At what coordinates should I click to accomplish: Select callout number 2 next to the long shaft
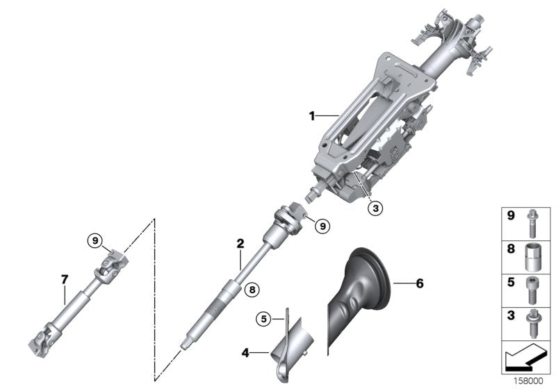[x=240, y=244]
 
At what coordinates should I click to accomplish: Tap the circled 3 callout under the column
[x=375, y=206]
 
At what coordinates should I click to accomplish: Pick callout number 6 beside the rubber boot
[x=418, y=283]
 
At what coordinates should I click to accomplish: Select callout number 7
[x=64, y=279]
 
